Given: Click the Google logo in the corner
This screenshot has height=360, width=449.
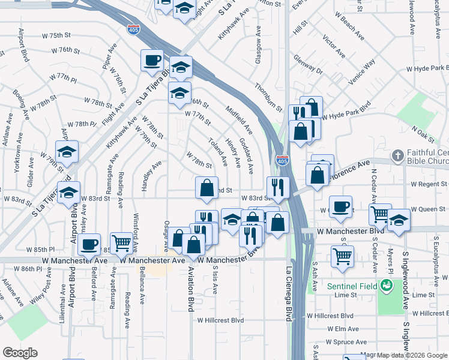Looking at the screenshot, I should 20,353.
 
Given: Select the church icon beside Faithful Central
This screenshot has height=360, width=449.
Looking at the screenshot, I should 396,156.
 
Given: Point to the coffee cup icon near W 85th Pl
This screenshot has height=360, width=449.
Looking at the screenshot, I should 89,245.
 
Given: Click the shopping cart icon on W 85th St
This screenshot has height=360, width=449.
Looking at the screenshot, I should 121,242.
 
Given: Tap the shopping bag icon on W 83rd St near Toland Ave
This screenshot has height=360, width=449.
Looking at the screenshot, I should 206,187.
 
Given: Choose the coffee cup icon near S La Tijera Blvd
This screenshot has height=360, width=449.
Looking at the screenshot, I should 152,60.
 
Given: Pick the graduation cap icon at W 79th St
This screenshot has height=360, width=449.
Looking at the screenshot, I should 67,151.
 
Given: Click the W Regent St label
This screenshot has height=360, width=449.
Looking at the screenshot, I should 429,184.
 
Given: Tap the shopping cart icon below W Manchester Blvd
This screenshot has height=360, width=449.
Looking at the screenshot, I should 342,256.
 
